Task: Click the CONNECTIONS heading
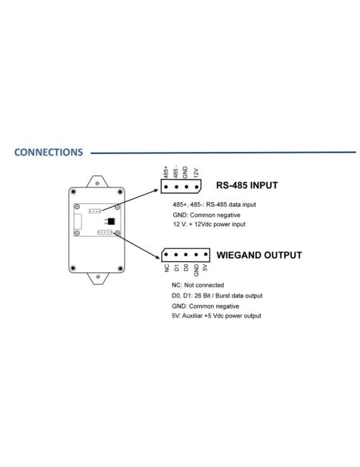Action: tap(49, 152)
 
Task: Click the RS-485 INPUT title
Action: tap(247, 185)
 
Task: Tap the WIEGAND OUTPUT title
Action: tap(259, 256)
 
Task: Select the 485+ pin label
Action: tap(166, 172)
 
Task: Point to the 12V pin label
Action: tap(196, 173)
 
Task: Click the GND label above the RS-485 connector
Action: tap(185, 172)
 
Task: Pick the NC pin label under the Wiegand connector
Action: tap(167, 268)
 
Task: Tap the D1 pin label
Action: tap(177, 268)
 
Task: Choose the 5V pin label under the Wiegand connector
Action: tap(205, 268)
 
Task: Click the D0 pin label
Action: tap(186, 268)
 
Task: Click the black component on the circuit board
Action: tap(111, 221)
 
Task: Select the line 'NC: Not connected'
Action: tap(197, 286)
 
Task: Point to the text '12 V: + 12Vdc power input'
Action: tap(209, 224)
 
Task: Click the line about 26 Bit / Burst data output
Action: tap(217, 296)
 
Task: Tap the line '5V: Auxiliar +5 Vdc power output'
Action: tap(216, 316)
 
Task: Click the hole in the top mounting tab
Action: tap(97, 183)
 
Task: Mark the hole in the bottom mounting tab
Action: tap(98, 277)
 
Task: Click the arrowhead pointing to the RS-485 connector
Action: tap(155, 190)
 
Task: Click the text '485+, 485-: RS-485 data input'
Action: tap(214, 205)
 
